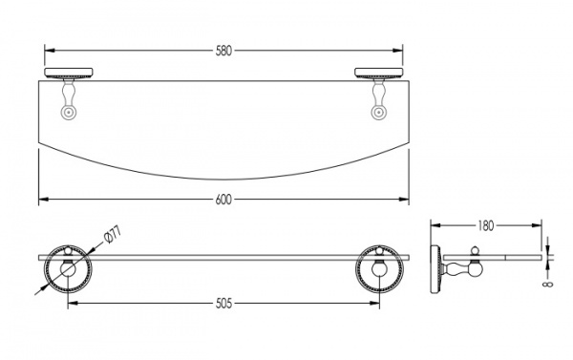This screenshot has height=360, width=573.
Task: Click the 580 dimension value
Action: pyautogui.click(x=223, y=51)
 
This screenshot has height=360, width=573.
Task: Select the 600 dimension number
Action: pyautogui.click(x=223, y=200)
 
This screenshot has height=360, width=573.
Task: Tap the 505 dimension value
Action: pyautogui.click(x=223, y=304)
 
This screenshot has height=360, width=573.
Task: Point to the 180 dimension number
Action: pyautogui.click(x=486, y=226)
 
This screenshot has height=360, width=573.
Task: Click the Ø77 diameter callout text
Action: pyautogui.click(x=112, y=235)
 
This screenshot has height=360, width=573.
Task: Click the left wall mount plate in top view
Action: pyautogui.click(x=69, y=74)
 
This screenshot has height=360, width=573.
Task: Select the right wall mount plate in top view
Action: pyautogui.click(x=378, y=74)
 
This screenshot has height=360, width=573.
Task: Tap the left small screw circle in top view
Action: pyautogui.click(x=69, y=113)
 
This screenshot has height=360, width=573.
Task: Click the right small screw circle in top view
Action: pyautogui.click(x=378, y=113)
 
